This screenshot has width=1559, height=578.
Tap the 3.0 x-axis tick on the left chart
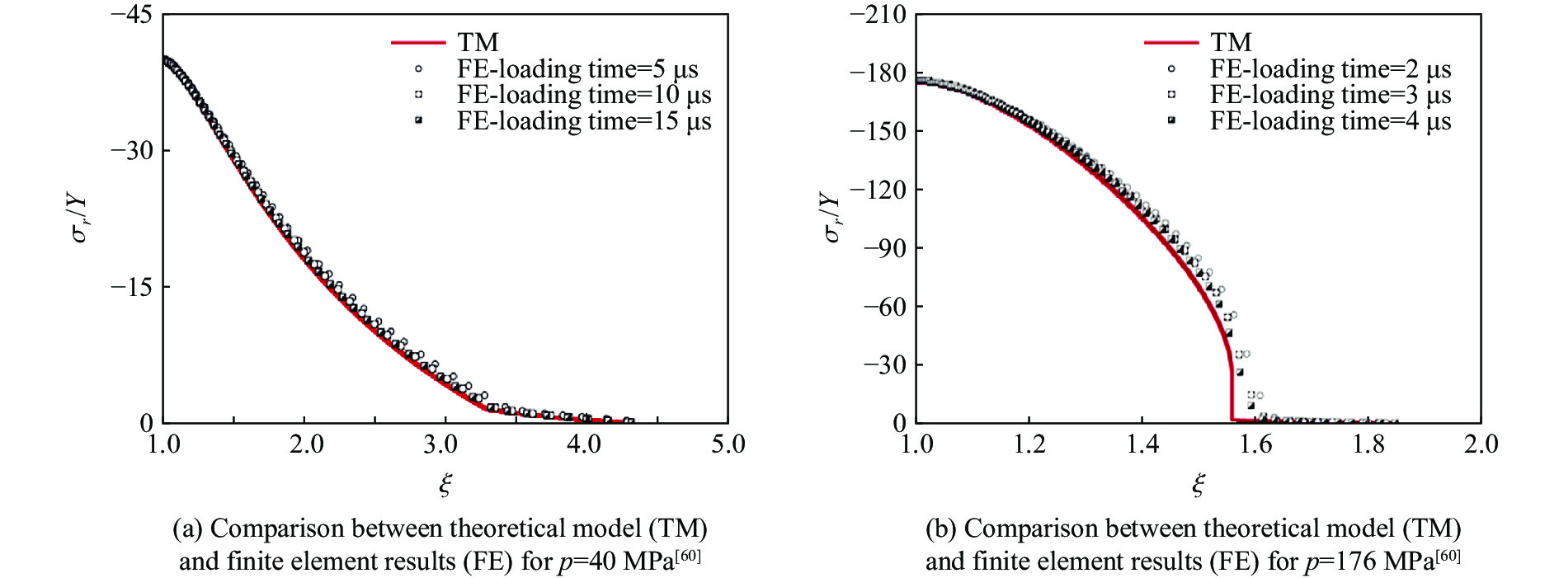(440, 444)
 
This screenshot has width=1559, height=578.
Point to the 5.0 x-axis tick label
(728, 444)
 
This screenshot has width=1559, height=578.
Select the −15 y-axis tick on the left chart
(131, 287)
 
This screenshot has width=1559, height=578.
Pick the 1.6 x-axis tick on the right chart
(1255, 444)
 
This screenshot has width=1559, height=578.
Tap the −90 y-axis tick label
(884, 248)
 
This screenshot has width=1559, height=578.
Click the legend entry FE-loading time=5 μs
(577, 69)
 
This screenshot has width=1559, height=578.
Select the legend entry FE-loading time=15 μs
(584, 121)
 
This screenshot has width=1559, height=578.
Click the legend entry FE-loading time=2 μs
(1330, 69)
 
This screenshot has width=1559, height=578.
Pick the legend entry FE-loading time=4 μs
(1330, 121)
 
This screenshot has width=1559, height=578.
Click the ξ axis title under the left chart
(445, 484)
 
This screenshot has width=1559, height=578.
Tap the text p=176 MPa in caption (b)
(1369, 562)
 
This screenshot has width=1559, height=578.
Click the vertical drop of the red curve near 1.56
(1232, 396)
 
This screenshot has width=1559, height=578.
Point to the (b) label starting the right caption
(941, 529)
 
